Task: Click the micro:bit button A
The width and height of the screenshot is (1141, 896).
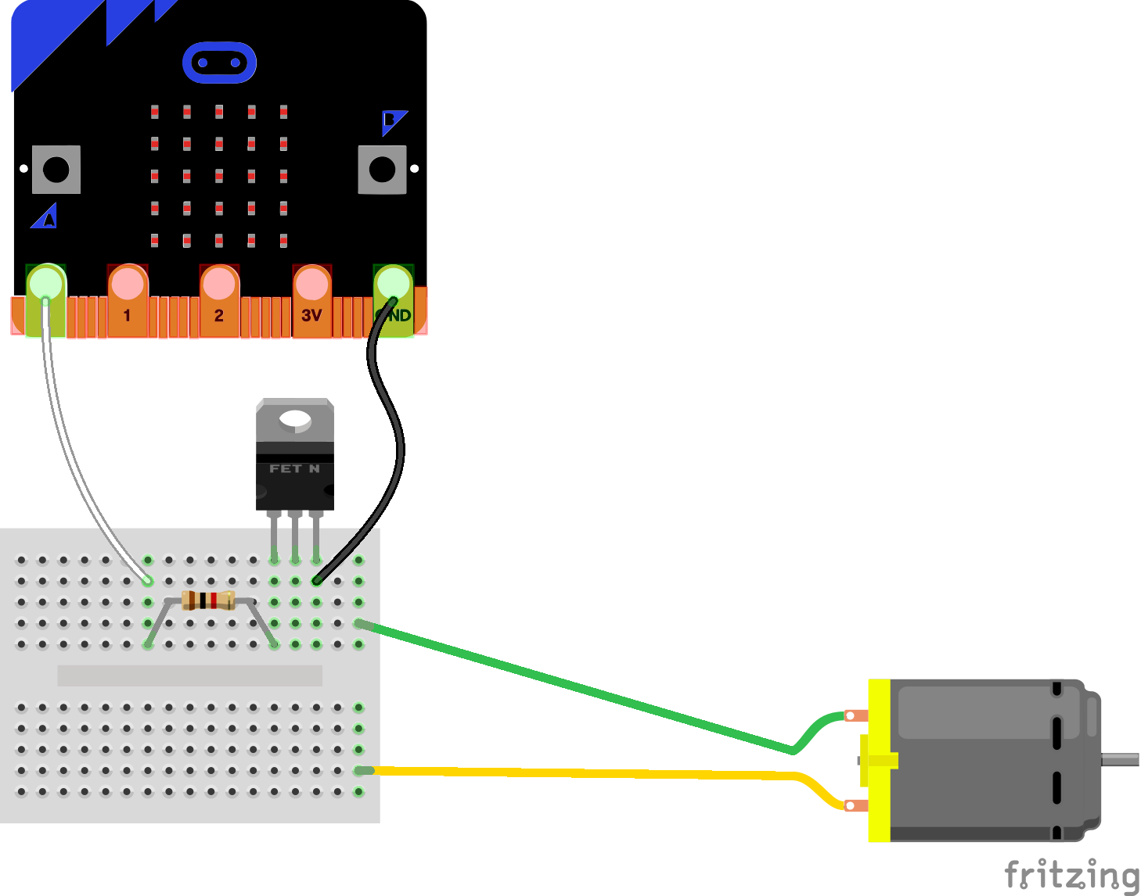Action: (56, 170)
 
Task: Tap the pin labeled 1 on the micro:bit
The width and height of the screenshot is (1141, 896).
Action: (127, 301)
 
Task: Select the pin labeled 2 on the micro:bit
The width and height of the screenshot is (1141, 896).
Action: (219, 301)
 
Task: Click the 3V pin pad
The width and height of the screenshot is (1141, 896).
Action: (311, 301)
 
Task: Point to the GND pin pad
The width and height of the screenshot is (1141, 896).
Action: (393, 301)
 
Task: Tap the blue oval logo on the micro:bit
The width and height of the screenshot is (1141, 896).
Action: (219, 63)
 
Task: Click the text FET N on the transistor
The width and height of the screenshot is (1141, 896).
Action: (294, 469)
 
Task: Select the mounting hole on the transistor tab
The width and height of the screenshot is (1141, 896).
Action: (295, 420)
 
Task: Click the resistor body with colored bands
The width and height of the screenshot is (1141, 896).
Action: (208, 600)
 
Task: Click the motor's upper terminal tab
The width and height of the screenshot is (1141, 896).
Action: (856, 715)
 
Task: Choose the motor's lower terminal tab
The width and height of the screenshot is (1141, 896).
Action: (856, 805)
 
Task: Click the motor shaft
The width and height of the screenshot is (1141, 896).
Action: (1121, 759)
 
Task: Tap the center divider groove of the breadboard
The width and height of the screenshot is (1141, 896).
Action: (190, 676)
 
